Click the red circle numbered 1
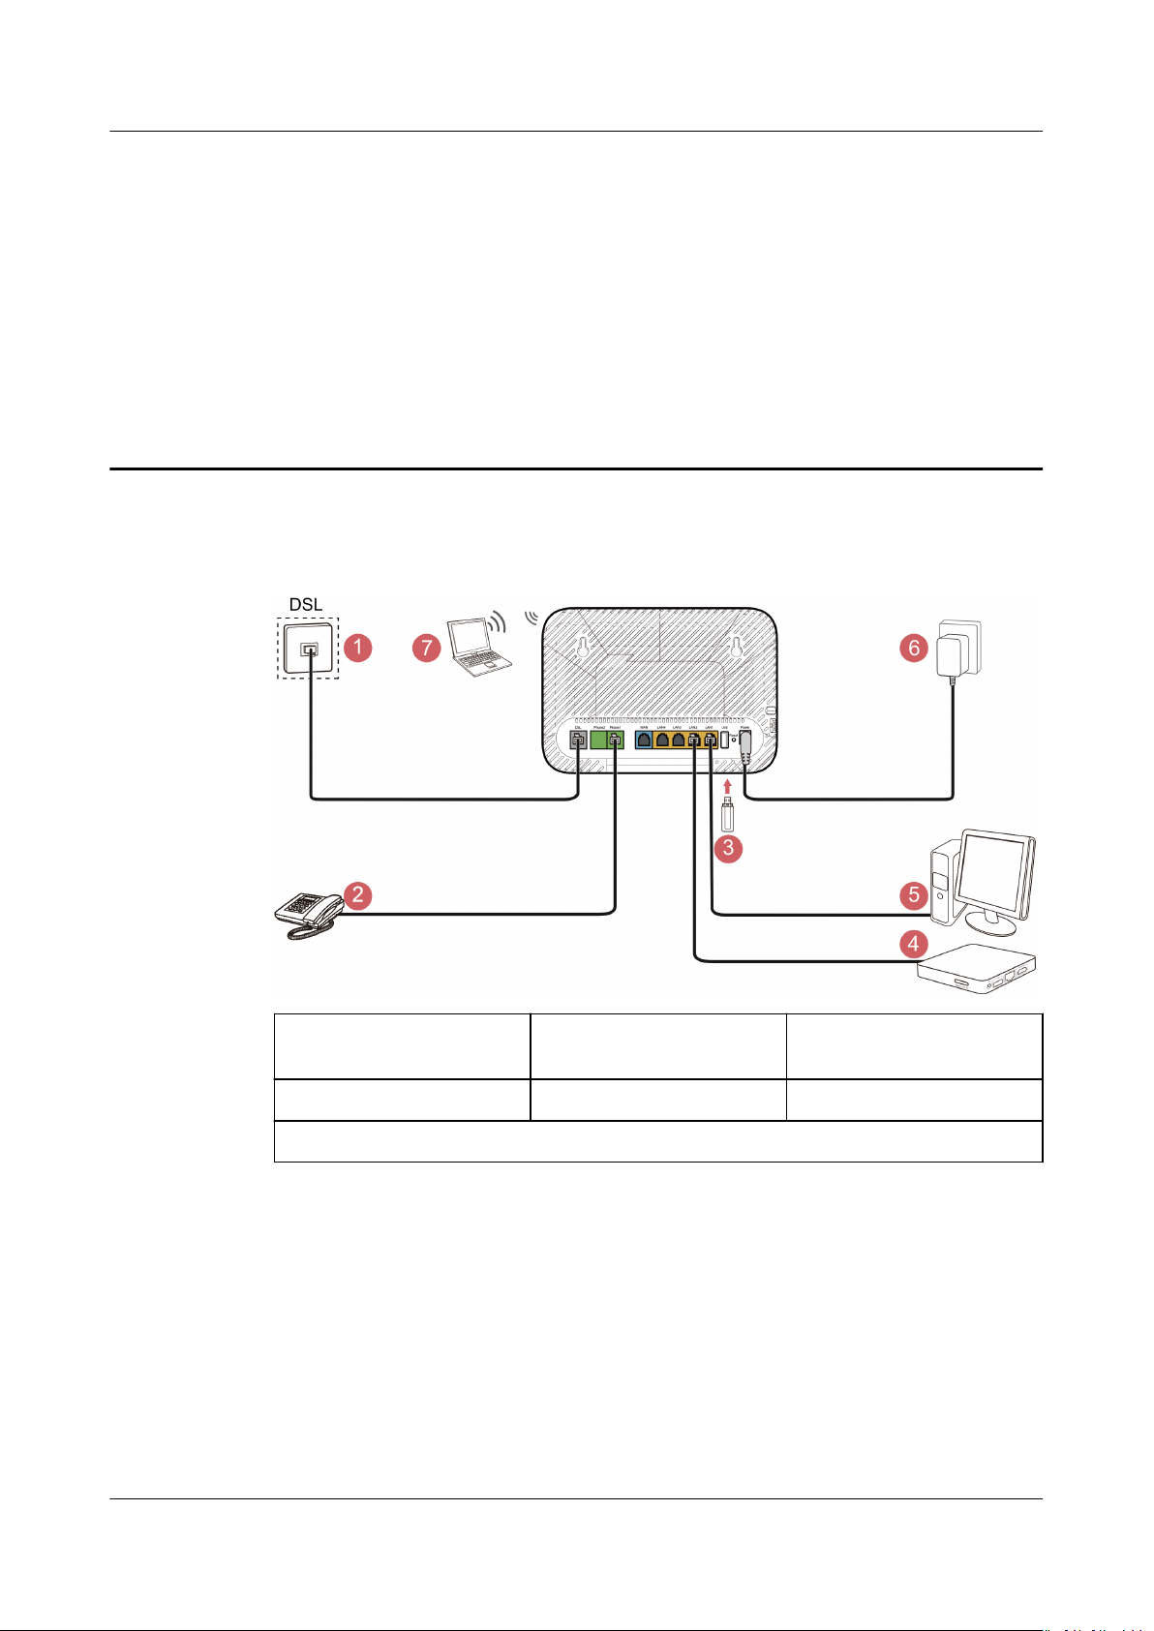(357, 647)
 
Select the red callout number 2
(357, 894)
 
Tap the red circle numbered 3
(727, 849)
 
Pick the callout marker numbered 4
(913, 942)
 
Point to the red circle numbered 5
(914, 894)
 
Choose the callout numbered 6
(913, 647)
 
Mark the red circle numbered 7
(426, 647)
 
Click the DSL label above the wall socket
(306, 605)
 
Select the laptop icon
(475, 647)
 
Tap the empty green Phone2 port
(598, 741)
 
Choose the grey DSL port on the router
(577, 741)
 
